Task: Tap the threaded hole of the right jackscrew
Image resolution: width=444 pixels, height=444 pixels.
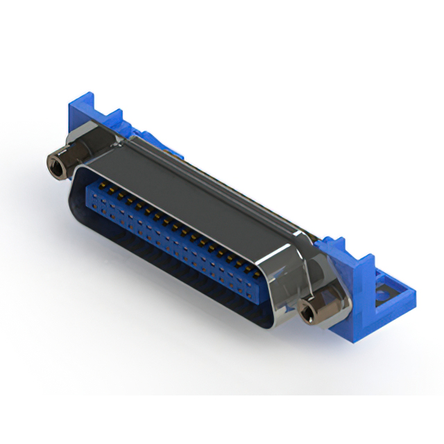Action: (x=307, y=314)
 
